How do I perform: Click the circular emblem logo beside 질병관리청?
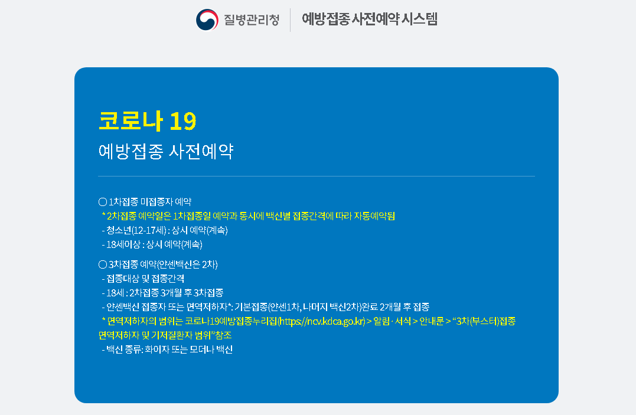(207, 19)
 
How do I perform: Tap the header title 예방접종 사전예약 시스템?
(370, 19)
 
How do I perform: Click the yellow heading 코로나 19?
(147, 121)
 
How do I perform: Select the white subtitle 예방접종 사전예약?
(166, 152)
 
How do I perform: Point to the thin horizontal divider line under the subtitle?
(316, 176)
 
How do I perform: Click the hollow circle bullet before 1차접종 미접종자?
(102, 202)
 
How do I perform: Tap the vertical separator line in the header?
(290, 19)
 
